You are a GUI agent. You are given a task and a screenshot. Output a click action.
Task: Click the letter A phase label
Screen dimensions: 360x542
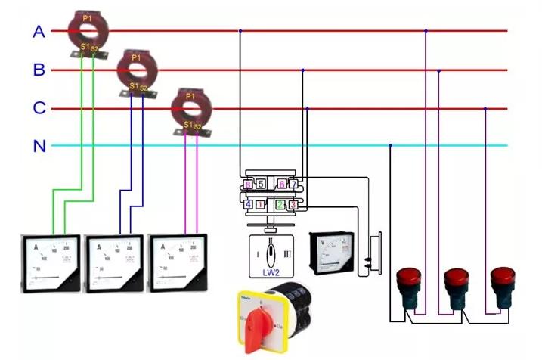point(39,32)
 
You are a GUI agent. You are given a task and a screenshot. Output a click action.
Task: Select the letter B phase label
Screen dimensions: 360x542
point(39,70)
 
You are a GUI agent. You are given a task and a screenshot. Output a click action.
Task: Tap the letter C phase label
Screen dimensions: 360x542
point(39,108)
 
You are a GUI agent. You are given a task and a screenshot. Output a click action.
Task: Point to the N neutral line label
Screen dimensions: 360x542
point(39,146)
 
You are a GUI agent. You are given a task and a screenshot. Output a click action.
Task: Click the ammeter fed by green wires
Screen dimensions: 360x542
point(50,264)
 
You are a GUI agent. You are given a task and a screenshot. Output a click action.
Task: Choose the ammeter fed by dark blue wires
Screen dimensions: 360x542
point(114,264)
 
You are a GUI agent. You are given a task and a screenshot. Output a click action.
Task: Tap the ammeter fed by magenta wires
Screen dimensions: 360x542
point(178,264)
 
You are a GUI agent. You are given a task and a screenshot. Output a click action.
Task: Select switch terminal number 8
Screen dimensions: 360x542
point(247,185)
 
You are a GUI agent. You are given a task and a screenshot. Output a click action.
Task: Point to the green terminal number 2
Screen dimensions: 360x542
point(280,204)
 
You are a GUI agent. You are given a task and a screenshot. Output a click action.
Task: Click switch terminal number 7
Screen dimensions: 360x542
point(293,185)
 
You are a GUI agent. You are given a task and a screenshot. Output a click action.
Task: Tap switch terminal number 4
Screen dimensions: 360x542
point(248,204)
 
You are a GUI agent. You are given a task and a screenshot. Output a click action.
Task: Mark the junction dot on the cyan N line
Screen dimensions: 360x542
point(390,146)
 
